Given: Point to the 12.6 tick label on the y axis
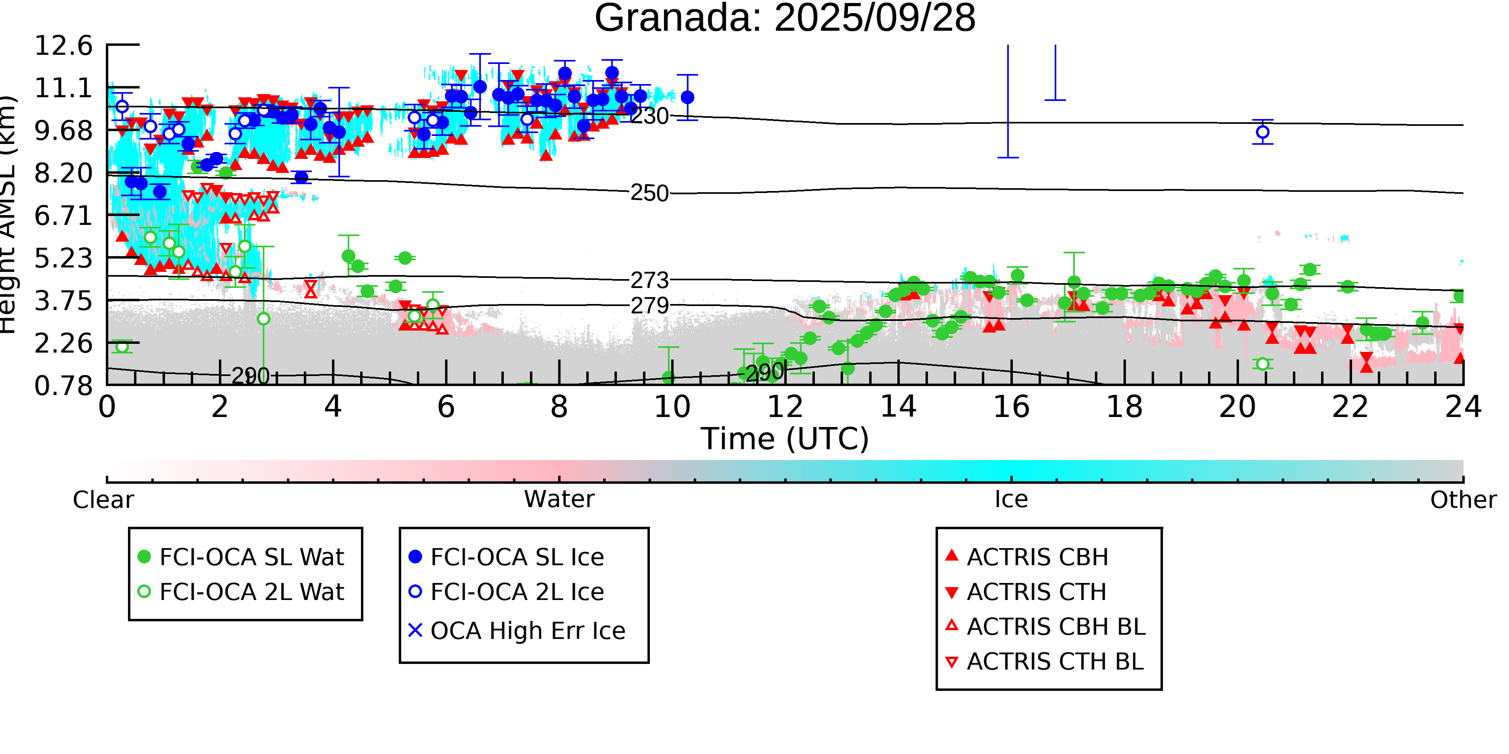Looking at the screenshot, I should (63, 46).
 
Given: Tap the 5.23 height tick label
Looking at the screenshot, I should (63, 258).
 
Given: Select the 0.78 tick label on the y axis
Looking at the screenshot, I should (63, 386).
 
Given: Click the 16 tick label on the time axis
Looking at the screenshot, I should (1011, 407).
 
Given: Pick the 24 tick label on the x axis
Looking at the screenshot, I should (1463, 407).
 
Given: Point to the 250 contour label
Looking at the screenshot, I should (649, 193).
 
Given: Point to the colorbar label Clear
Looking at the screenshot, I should (103, 500).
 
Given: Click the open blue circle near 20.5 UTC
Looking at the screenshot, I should (1262, 132).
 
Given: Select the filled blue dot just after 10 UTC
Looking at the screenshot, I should (687, 97).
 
